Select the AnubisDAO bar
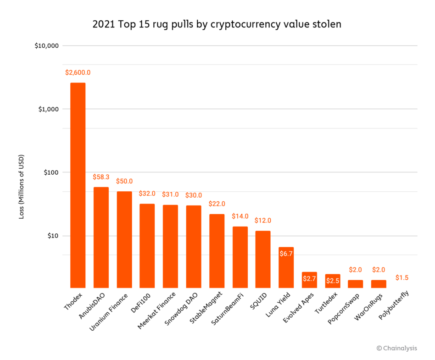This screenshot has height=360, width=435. [x=101, y=237]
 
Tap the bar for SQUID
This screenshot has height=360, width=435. [x=263, y=259]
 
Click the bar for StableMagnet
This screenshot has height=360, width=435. [x=217, y=251]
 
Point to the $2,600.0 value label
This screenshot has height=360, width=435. [x=78, y=72]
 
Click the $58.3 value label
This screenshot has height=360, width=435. [x=101, y=177]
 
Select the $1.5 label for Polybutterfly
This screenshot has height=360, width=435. [x=402, y=277]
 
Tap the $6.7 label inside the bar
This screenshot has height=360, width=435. [x=286, y=254]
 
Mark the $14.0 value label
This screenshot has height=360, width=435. [x=240, y=216]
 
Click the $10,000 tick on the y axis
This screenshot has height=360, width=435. [x=46, y=46]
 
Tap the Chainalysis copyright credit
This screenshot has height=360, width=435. [x=396, y=348]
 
